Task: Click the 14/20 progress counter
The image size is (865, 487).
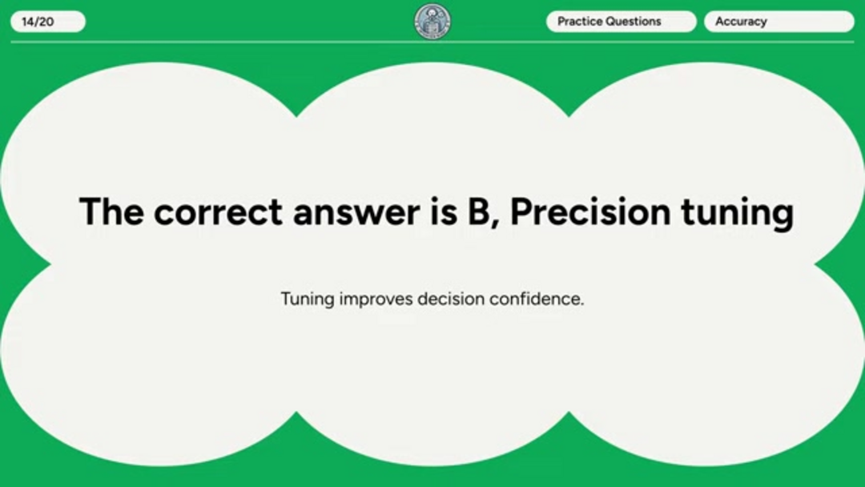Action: click(x=48, y=22)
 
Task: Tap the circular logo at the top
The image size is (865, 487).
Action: click(x=432, y=22)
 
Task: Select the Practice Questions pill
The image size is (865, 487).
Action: click(x=622, y=22)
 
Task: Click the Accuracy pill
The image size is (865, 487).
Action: click(x=779, y=22)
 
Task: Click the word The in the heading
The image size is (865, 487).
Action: click(x=112, y=211)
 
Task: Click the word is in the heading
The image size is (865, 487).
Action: click(x=444, y=211)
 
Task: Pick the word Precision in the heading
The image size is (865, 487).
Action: click(x=590, y=211)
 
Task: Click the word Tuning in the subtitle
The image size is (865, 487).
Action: click(x=308, y=299)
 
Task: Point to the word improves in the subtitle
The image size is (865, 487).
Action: click(x=376, y=300)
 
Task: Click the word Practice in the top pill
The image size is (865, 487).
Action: click(x=580, y=22)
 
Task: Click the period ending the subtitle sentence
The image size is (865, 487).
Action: click(x=581, y=304)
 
